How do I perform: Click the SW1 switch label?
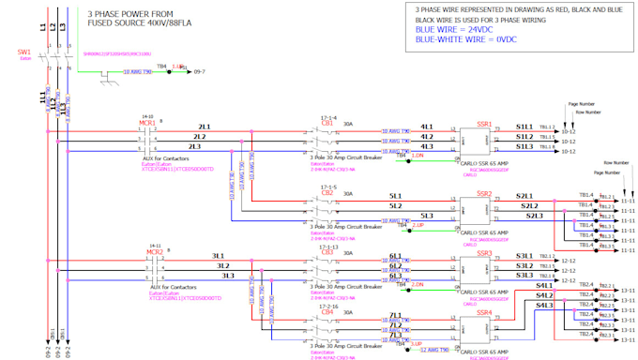point(23,52)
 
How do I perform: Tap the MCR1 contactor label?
point(146,123)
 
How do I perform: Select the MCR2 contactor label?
point(154,252)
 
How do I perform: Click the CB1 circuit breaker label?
point(327,123)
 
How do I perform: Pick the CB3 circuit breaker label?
point(327,252)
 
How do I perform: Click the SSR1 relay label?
point(484,123)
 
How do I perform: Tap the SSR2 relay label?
point(484,193)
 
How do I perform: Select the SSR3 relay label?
point(484,253)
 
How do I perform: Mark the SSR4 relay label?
point(484,313)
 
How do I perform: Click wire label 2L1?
point(204,126)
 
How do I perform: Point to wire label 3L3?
point(228,276)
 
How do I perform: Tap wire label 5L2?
point(396,205)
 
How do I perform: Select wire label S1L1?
point(524,126)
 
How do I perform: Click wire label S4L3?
point(544,305)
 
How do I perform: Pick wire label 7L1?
point(396,315)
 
